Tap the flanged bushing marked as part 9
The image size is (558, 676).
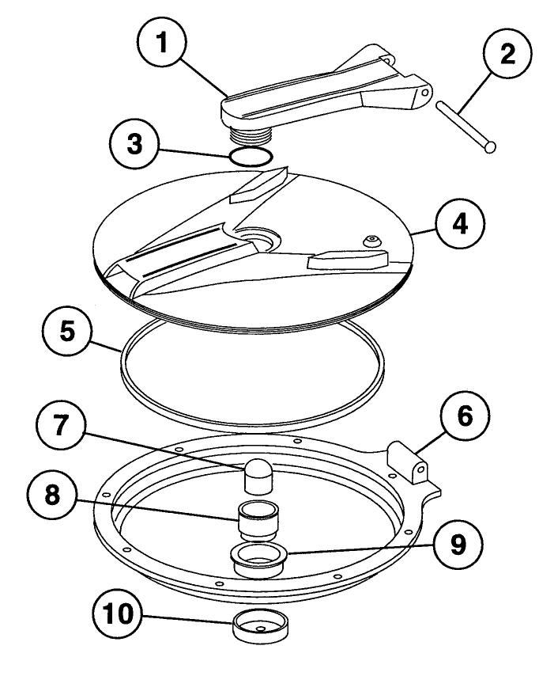click(x=259, y=557)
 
